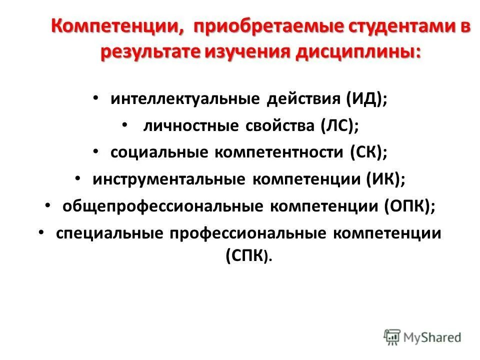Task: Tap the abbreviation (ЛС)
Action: coord(340,125)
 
